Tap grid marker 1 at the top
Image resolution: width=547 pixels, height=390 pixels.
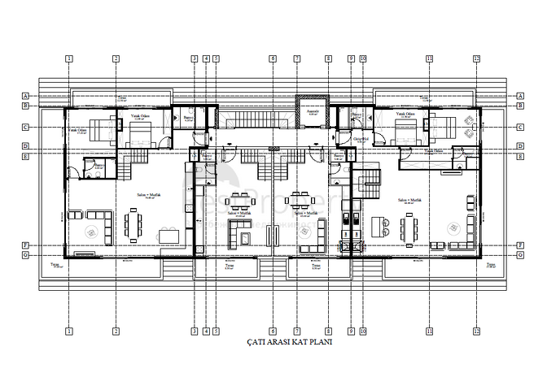(x=69, y=58)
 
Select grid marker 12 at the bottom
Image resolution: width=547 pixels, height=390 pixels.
(x=476, y=331)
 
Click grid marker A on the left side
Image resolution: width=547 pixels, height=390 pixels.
(x=26, y=95)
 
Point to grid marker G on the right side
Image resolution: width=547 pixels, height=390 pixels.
(x=520, y=254)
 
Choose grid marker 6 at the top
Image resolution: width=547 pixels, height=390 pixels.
(x=273, y=58)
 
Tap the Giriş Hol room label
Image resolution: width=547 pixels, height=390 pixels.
(x=357, y=139)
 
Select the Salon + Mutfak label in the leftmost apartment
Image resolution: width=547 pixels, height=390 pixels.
(x=147, y=196)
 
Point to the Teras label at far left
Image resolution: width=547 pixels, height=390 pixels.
(x=55, y=265)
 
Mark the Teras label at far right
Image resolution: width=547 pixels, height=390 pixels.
(x=491, y=265)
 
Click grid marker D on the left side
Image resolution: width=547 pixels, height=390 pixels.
(x=26, y=146)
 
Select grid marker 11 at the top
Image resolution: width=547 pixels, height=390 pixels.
(x=428, y=58)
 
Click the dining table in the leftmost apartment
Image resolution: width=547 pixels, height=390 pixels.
(x=132, y=223)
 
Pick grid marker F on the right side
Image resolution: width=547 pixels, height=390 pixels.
(x=520, y=245)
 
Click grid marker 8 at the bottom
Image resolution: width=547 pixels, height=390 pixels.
(x=328, y=331)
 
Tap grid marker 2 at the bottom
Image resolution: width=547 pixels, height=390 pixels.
(x=116, y=331)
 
